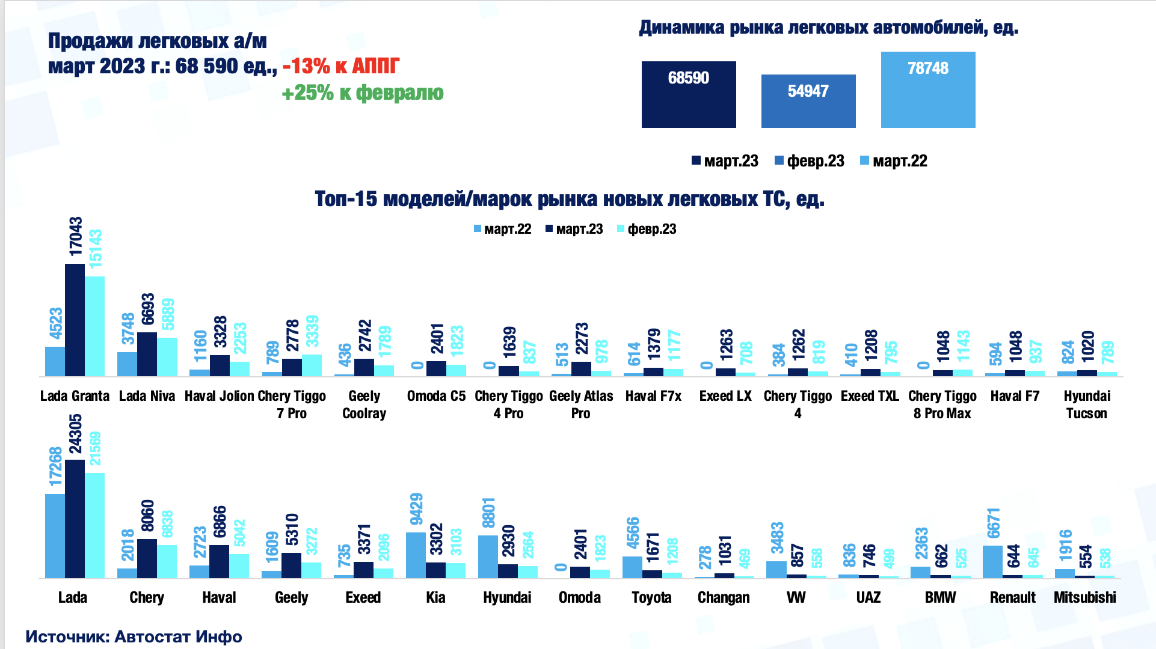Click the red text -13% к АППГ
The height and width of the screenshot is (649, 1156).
click(341, 66)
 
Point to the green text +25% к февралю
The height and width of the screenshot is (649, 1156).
click(363, 93)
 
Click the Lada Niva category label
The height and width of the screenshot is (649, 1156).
click(147, 396)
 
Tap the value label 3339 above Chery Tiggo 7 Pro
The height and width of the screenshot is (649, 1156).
click(312, 331)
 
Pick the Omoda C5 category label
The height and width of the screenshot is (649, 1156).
click(436, 396)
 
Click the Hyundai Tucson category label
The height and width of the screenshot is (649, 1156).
click(1086, 404)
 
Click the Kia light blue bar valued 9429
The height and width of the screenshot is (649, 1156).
click(416, 555)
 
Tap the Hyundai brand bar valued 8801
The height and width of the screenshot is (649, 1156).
click(488, 556)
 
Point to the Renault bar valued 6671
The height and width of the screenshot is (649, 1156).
click(992, 562)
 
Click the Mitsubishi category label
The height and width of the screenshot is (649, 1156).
click(1084, 597)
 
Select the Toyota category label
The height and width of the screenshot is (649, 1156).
click(651, 597)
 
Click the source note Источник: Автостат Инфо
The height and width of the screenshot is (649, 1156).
click(134, 636)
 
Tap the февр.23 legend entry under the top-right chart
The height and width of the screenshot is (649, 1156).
click(810, 161)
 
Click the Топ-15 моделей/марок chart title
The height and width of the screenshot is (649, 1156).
click(569, 199)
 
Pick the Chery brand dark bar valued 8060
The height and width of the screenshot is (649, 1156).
click(147, 558)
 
